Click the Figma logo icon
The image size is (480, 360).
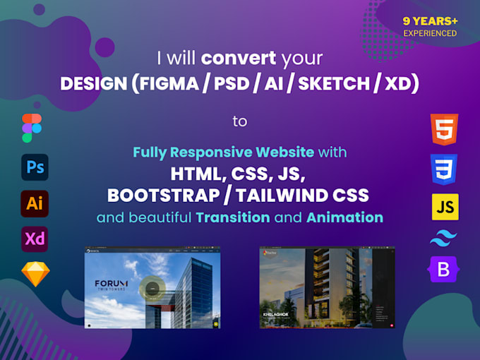[x=32, y=128]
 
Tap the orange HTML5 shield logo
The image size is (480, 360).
[x=444, y=131]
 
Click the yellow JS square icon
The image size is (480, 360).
[x=445, y=207]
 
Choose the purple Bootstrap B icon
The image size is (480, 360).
[x=443, y=269]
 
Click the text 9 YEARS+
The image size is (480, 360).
[x=430, y=21]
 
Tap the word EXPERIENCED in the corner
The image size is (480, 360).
[x=430, y=33]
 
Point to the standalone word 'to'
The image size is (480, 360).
[x=240, y=121]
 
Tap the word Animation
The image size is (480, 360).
[x=344, y=217]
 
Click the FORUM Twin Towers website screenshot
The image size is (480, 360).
[x=152, y=287]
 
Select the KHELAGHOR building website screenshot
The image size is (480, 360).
[x=327, y=287]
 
